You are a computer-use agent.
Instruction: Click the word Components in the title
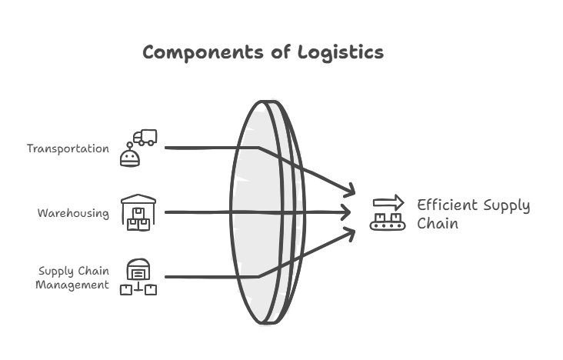tap(203, 53)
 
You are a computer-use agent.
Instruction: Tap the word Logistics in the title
tap(341, 52)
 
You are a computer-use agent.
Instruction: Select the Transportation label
tap(68, 148)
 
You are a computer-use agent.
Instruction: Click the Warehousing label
tap(73, 213)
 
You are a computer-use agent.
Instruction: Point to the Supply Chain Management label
tap(72, 278)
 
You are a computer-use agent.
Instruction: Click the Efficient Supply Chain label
tap(474, 214)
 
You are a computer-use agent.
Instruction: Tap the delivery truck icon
tap(145, 138)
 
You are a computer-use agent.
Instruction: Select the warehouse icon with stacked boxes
tap(138, 212)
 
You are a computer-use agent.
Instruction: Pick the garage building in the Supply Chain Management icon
tap(138, 268)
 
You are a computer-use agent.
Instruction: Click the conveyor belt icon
tap(388, 222)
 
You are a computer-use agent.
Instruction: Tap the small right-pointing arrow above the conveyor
tap(388, 202)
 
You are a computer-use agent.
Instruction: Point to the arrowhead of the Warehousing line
tap(346, 212)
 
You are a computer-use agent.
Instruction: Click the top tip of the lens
tap(265, 102)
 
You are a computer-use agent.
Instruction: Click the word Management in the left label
tap(72, 285)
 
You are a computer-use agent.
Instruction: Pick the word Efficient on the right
tap(448, 205)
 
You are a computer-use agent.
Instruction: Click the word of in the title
tap(281, 52)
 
